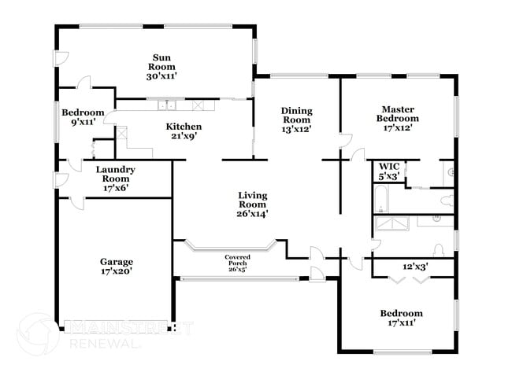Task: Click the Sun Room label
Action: (x=161, y=62)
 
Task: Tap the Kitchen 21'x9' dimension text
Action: (x=184, y=135)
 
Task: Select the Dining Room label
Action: (x=296, y=115)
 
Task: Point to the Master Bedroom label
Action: (x=398, y=114)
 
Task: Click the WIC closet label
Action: (x=389, y=166)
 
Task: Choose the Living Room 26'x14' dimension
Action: (x=252, y=214)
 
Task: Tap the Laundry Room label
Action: (x=116, y=174)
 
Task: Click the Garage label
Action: (x=117, y=262)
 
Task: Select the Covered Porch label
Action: (x=237, y=260)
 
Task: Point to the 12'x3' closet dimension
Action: (x=415, y=267)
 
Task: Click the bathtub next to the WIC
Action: (x=380, y=199)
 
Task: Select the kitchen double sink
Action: (x=166, y=105)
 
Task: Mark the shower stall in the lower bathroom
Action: (x=391, y=223)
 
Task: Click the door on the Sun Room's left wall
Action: (x=61, y=59)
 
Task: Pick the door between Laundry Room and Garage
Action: (x=77, y=203)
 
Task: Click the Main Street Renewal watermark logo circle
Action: (x=38, y=334)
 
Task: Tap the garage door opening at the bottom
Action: (x=116, y=326)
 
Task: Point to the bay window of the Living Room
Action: (x=231, y=247)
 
